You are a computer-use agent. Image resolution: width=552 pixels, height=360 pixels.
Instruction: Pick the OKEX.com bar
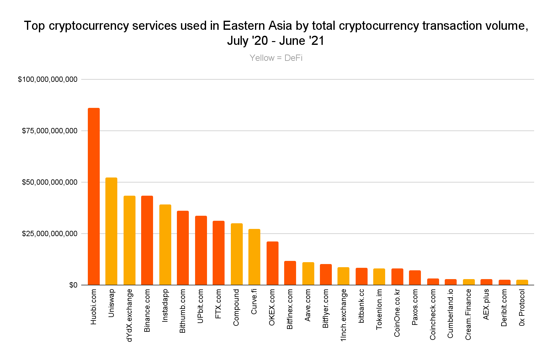click(273, 263)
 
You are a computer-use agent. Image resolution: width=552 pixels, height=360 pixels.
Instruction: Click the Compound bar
click(237, 254)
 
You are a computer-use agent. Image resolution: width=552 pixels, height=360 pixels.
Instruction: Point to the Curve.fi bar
click(254, 257)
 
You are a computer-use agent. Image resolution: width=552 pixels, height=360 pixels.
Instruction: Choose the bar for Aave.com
click(308, 274)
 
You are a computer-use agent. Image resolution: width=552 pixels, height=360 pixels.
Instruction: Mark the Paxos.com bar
click(415, 278)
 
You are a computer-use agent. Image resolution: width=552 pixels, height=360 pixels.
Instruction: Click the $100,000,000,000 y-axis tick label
click(48, 80)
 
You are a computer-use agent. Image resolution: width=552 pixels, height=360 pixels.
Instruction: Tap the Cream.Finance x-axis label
click(468, 314)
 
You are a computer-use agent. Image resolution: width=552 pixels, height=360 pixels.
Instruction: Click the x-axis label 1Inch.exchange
click(343, 315)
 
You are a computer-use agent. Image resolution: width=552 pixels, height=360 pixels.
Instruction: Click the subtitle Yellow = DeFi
click(276, 58)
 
